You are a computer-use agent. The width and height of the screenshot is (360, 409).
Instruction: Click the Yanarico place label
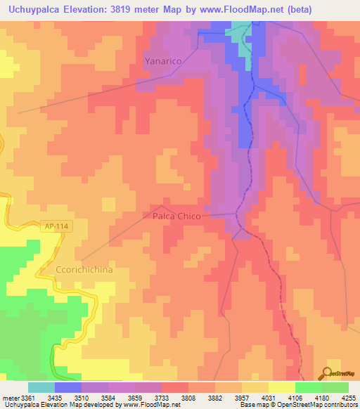coord(163,61)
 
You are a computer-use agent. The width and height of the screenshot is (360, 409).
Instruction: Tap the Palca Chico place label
coord(176,216)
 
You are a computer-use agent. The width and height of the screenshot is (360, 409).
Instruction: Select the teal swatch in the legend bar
coord(41,387)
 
